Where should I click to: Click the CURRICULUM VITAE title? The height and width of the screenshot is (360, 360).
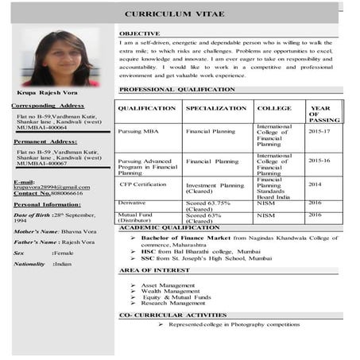coord(174,14)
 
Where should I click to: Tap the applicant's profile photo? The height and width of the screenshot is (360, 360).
coord(60,59)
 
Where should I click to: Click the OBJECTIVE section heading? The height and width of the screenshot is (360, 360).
coord(139,33)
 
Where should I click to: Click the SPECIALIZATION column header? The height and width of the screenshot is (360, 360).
coord(216,108)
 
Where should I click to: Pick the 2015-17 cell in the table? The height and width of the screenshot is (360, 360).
coord(320,130)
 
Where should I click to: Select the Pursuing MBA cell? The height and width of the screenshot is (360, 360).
coord(140,130)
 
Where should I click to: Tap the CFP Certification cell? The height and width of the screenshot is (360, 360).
coord(145,184)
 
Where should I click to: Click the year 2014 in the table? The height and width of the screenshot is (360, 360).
coord(315,184)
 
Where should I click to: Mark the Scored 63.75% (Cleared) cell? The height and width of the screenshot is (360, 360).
coord(208,206)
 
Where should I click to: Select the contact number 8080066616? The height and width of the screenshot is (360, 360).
coord(65,194)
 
